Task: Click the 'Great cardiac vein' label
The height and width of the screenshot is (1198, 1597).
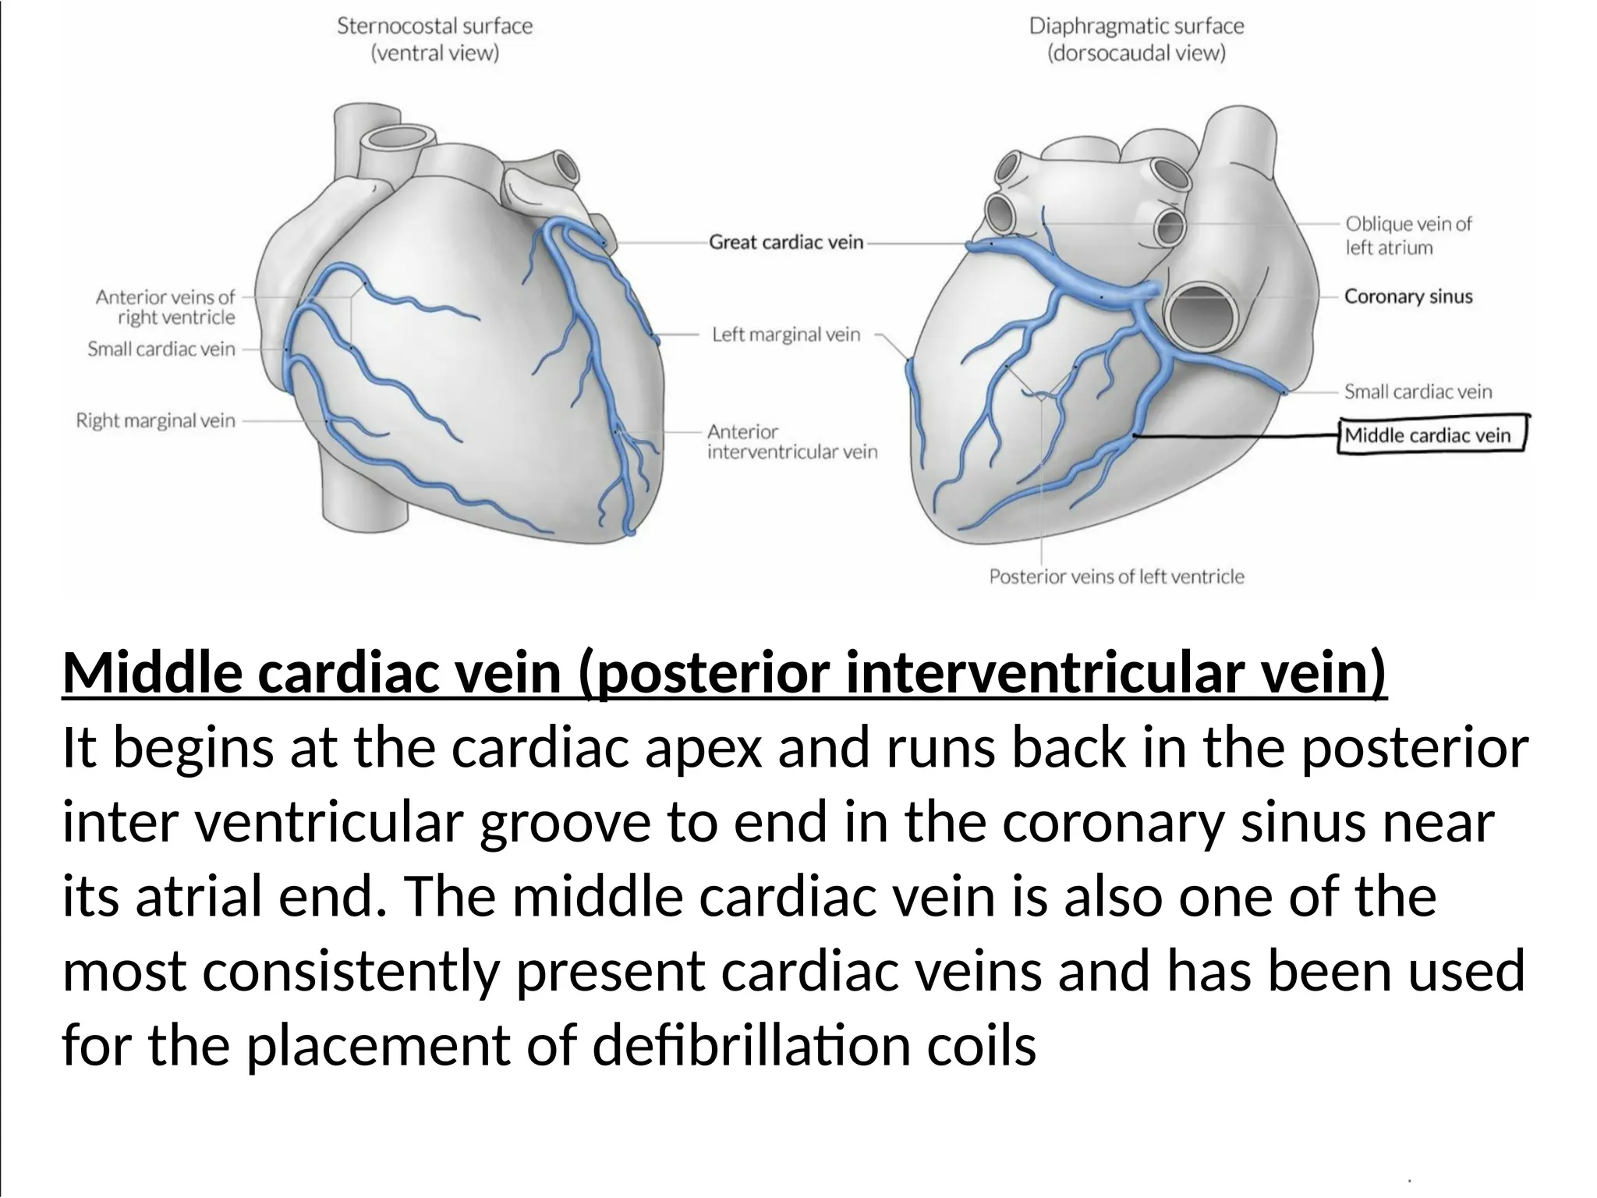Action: tap(786, 243)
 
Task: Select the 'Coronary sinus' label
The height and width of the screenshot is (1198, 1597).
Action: tap(1408, 296)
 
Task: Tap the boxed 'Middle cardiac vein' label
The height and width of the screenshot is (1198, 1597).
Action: tap(1428, 435)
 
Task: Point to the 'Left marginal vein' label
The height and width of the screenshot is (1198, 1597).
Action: tap(786, 335)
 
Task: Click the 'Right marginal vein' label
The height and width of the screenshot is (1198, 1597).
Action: tap(155, 421)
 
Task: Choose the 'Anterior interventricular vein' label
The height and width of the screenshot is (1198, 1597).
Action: tap(791, 442)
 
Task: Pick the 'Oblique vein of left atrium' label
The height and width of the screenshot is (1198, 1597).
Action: tap(1408, 236)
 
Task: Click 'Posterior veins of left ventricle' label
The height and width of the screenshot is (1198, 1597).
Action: tap(1117, 577)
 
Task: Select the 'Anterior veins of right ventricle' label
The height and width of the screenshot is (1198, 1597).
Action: tap(165, 307)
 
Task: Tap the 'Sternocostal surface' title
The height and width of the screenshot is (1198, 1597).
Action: tap(434, 27)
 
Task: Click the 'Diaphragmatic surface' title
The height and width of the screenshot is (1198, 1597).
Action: tap(1136, 27)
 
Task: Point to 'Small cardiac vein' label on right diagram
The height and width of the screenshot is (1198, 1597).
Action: tap(1418, 392)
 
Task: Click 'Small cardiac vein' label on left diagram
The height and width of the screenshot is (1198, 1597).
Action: tap(161, 349)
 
